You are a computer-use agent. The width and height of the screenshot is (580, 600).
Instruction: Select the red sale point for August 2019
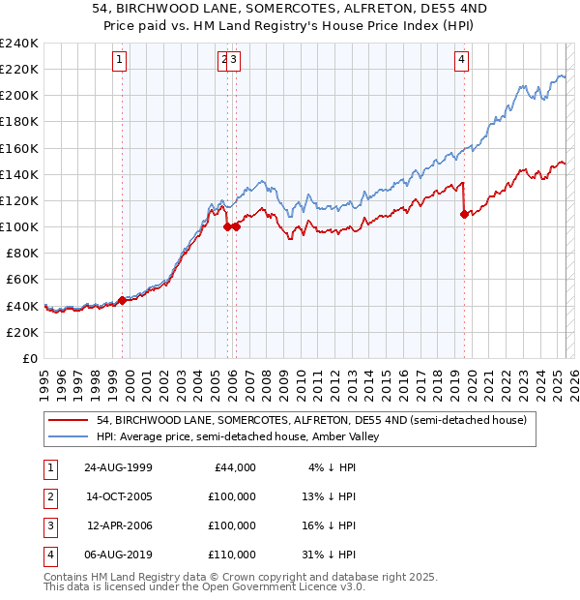[x=464, y=214]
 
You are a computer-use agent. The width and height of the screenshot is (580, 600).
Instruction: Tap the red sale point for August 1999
[x=123, y=300]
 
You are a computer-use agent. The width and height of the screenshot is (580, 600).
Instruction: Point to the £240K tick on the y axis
[x=20, y=44]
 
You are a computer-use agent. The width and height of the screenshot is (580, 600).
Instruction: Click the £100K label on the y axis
[x=20, y=226]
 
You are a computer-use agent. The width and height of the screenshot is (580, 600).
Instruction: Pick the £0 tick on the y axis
[x=32, y=358]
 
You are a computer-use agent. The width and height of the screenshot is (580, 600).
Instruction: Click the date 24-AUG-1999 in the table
[x=118, y=466]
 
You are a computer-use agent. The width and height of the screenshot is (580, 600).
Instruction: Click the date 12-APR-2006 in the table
[x=119, y=525]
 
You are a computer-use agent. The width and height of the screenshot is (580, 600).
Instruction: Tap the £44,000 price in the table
[x=233, y=466]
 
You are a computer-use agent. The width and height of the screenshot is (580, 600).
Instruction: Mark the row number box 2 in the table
[x=48, y=496]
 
